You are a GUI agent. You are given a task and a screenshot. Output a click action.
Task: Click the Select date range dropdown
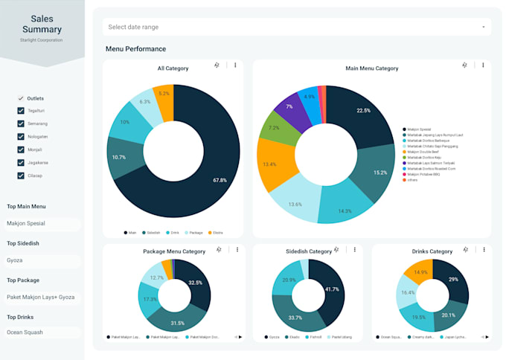(x=296, y=27)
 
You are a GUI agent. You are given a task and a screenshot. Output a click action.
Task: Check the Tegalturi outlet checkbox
(x=21, y=112)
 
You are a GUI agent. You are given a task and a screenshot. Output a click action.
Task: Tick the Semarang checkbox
(x=21, y=124)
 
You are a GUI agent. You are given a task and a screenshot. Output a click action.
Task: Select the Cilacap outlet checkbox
(x=21, y=176)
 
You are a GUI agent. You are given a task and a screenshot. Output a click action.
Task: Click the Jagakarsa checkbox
(x=21, y=163)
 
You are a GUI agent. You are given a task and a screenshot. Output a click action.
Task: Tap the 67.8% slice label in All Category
(x=219, y=180)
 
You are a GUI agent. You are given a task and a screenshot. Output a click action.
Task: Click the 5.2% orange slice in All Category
(x=164, y=94)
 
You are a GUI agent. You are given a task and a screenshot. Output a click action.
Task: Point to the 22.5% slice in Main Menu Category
(x=363, y=111)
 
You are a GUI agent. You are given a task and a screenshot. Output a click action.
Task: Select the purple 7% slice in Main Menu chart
(x=289, y=107)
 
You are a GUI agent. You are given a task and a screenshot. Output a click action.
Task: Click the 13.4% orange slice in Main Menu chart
(x=269, y=164)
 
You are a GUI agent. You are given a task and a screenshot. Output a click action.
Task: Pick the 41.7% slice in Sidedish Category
(x=332, y=289)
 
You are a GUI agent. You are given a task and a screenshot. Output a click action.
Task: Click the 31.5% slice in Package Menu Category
(x=178, y=322)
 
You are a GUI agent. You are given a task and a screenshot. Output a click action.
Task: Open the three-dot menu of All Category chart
(x=235, y=65)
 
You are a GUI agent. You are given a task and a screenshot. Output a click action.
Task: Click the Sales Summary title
(x=42, y=24)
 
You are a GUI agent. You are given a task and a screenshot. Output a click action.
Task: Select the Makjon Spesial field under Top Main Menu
(x=41, y=223)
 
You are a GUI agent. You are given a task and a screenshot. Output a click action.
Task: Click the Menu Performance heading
(x=135, y=49)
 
